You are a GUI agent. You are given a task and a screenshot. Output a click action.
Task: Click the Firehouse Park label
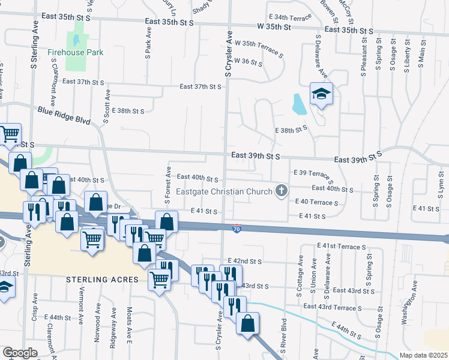pos(76,52)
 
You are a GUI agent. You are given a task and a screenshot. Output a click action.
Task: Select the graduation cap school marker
pos(321,94)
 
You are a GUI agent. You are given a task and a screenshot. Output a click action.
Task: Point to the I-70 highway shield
pos(237,228)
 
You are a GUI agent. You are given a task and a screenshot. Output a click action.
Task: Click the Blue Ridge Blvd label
pos(64,115)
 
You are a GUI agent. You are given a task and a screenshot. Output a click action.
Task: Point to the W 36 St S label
pos(249,62)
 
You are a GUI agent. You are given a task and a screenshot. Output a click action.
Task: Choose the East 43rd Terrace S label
pos(332,307)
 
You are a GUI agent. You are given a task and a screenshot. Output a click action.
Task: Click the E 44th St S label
pos(349,331)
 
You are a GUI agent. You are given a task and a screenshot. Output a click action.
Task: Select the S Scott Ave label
pos(107,107)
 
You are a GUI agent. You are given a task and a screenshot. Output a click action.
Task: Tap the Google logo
pos(20,352)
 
